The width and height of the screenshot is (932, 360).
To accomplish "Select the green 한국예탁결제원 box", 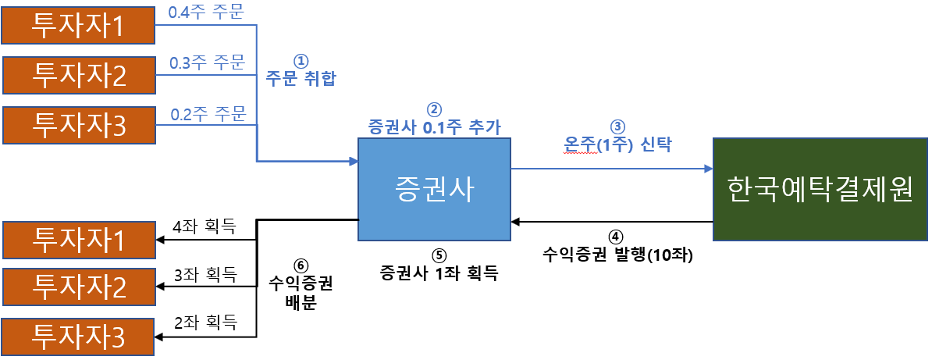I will pos(819,190).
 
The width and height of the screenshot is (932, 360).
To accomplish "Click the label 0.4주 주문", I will pos(206,12).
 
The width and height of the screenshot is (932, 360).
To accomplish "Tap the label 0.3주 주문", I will pos(206,62).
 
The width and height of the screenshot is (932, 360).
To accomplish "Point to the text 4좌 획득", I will pos(205,227).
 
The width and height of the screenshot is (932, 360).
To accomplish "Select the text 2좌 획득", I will pos(205,322).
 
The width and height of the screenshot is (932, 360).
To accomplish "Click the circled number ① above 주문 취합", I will pos(301,60).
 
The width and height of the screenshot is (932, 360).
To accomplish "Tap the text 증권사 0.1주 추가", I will pos(434,126).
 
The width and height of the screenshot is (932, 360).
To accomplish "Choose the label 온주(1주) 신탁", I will pos(617,144).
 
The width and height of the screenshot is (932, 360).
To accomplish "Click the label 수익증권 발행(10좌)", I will pos(617,254).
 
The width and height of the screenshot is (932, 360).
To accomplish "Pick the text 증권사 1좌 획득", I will pos(439,273).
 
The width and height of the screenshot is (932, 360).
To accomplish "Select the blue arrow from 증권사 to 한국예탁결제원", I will pos(612,168).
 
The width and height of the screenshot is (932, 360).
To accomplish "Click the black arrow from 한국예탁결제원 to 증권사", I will pos(612,222).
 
